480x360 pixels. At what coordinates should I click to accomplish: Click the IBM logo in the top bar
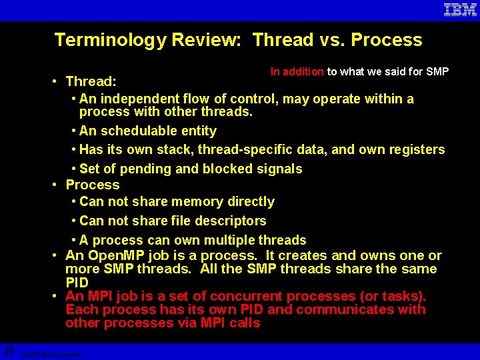point(460,10)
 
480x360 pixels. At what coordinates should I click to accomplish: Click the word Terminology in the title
point(111,40)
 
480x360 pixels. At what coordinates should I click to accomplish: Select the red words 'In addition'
point(297,71)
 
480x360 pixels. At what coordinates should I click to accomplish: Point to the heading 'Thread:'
point(91,81)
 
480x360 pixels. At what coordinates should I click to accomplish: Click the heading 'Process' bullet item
point(93,185)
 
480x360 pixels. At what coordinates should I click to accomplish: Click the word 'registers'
point(415,149)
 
